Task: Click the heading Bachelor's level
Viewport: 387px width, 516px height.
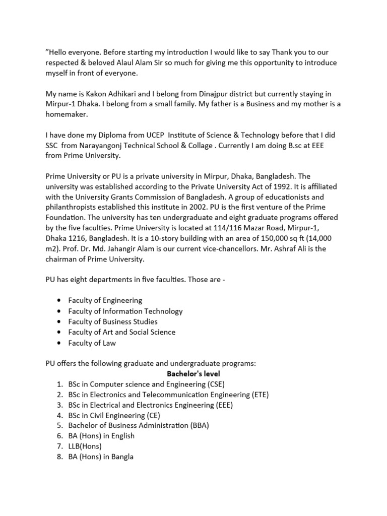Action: point(193,373)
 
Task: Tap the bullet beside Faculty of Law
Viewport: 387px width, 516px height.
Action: point(59,343)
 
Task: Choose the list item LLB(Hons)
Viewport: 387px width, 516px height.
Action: point(85,446)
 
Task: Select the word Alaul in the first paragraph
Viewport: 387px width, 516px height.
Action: point(152,63)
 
